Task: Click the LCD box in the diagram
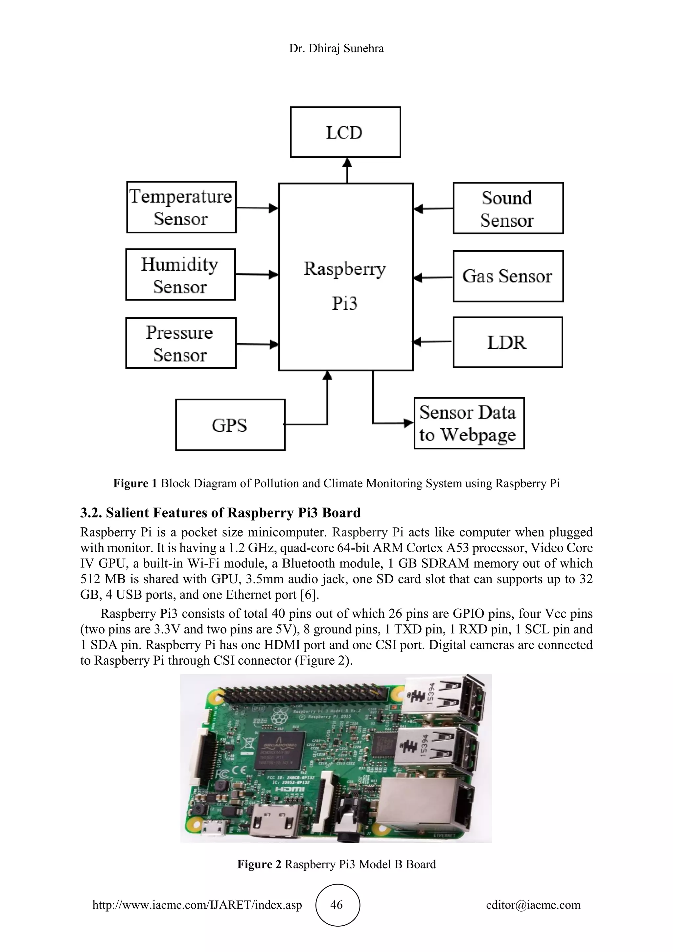[x=345, y=132]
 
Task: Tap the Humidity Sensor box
[x=180, y=274]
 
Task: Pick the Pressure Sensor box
[x=181, y=343]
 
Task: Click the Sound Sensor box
[x=508, y=208]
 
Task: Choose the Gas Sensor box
[x=508, y=276]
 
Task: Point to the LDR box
[x=508, y=343]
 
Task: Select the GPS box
[x=230, y=425]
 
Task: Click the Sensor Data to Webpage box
[x=469, y=423]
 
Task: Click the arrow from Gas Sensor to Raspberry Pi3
[x=433, y=277]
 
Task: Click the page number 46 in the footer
[x=337, y=904]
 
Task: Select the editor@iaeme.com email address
[x=533, y=904]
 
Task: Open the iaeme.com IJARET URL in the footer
[x=197, y=904]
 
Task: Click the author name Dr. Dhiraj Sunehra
[x=336, y=49]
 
